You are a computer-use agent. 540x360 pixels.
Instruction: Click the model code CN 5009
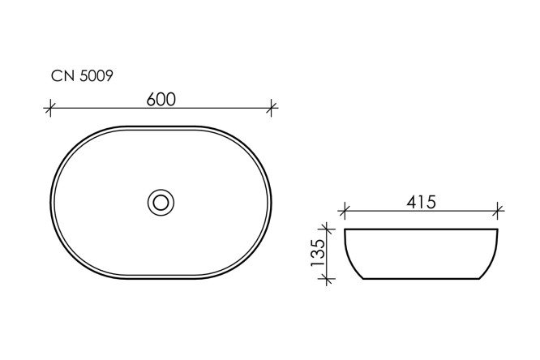coord(82,77)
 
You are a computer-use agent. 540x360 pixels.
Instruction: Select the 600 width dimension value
coord(162,97)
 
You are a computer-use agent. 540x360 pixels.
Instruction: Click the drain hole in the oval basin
coord(161,201)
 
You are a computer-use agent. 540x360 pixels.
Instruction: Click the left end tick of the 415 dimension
coord(344,212)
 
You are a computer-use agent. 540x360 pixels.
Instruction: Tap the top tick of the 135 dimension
coord(328,230)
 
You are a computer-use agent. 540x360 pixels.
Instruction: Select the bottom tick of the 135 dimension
coord(328,280)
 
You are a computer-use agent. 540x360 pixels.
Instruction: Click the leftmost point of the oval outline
coord(52,201)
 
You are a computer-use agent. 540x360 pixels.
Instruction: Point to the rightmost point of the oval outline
coord(272,201)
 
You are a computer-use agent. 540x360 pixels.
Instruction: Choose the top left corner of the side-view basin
coord(345,231)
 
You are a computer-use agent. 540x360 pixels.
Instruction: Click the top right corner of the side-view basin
coord(497,231)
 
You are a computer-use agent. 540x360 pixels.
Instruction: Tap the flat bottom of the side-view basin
coord(421,280)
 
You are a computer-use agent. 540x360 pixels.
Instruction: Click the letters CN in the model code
coord(62,77)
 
